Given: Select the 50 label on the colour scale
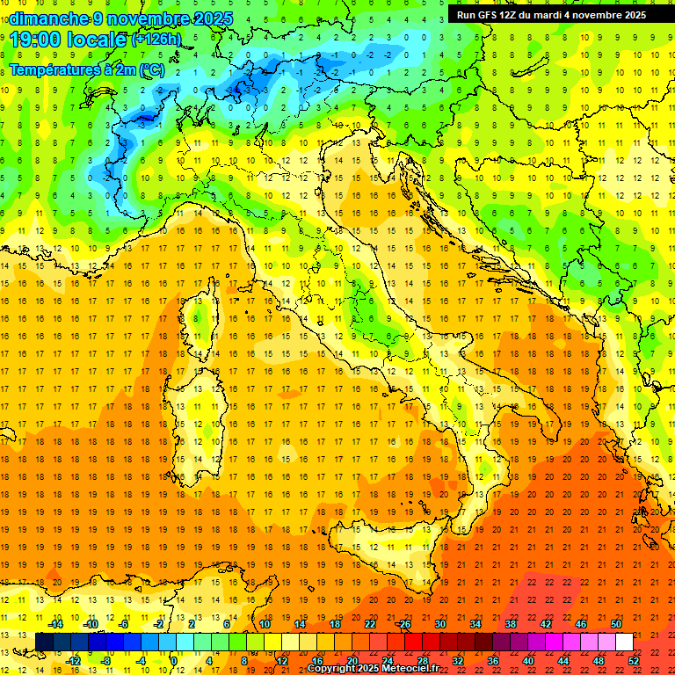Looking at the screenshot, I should (615, 624).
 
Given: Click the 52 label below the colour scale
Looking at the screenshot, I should (634, 661).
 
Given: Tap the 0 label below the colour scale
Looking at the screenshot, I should (173, 661).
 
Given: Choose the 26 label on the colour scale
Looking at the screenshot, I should (404, 624).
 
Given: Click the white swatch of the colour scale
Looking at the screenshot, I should (624, 642).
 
